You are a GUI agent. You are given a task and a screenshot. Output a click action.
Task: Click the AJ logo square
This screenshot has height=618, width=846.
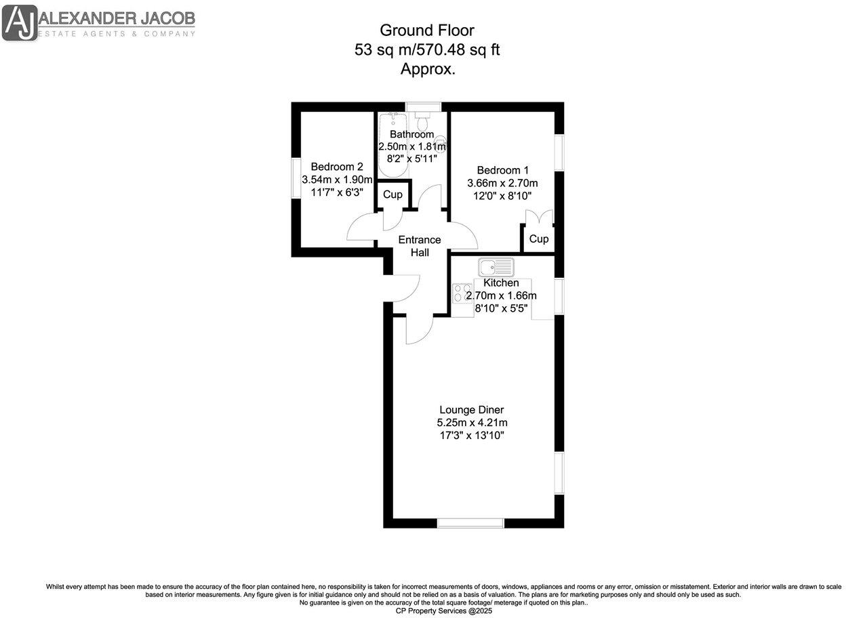20,22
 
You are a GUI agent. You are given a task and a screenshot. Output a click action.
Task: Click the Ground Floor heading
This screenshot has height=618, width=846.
426,30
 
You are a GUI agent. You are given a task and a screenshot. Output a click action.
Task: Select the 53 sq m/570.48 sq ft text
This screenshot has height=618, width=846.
427,49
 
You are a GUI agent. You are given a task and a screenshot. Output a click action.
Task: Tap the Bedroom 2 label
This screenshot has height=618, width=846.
337,167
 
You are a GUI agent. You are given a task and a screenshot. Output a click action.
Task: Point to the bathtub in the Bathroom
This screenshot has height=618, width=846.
390,145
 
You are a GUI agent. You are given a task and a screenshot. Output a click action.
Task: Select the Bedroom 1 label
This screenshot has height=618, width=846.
502,170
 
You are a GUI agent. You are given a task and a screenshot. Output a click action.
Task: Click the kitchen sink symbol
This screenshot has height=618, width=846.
496,267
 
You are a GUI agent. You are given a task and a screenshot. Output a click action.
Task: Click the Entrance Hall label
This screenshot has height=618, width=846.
419,246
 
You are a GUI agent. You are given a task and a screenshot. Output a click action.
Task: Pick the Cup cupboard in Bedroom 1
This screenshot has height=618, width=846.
538,239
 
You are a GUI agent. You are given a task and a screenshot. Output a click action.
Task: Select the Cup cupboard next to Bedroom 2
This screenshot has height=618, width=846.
392,194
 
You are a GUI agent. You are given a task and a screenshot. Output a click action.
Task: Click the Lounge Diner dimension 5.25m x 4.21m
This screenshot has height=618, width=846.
472,423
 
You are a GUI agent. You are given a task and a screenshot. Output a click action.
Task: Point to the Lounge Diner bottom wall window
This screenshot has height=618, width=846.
470,522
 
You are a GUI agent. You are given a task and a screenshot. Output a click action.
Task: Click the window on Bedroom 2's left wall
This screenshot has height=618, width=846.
296,178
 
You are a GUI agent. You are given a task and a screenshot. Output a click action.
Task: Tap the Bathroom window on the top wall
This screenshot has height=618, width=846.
423,106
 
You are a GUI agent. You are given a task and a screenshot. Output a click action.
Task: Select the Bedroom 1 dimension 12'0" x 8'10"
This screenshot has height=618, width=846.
502,196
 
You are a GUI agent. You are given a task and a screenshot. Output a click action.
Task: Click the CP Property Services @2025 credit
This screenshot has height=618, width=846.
444,611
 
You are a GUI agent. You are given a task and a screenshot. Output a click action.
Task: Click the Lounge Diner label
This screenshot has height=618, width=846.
472,410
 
